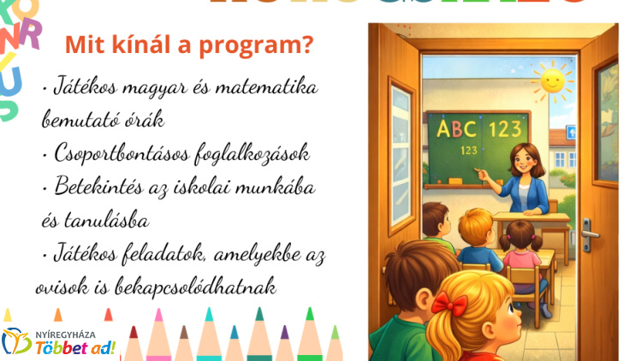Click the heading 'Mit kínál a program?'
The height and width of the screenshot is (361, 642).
tap(188, 44)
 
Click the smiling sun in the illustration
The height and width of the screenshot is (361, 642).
tap(552, 84)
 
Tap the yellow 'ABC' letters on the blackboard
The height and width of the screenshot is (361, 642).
tap(455, 129)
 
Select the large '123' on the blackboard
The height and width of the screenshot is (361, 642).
tap(504, 129)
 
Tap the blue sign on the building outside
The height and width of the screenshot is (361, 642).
tap(571, 133)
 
